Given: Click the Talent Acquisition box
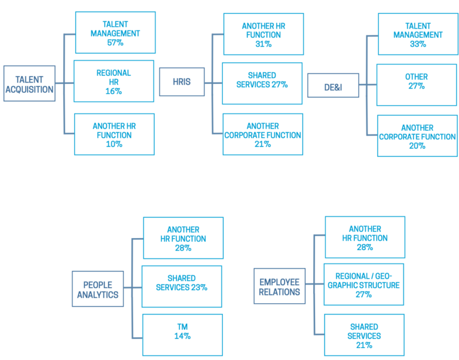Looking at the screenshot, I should pos(29,84).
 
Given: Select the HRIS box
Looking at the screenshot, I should pos(182,81).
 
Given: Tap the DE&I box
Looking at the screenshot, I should pos(332,85).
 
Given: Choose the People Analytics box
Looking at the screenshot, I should pos(97,289).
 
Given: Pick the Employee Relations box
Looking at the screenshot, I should pos(280,286).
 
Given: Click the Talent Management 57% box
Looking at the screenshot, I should pos(115,33).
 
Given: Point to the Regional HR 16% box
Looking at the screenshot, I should pos(114,81).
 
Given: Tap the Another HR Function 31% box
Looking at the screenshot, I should pos(263,35).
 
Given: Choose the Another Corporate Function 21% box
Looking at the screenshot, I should pos(263,135).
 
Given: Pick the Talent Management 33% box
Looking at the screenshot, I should pos(418,35).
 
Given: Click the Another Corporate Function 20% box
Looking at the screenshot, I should pos(417,136).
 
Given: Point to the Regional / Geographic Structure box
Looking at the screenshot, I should pos(364,284).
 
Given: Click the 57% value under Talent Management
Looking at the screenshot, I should pos(115,43).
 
